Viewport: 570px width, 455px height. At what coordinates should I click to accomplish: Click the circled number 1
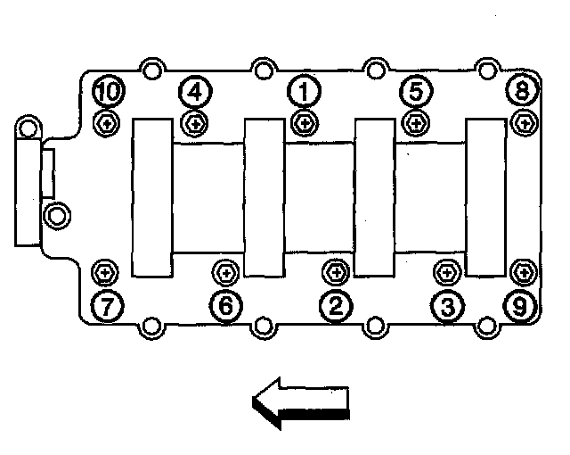point(304,90)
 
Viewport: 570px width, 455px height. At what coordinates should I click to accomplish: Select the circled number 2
point(335,307)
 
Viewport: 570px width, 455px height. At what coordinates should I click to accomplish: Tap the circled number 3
point(447,307)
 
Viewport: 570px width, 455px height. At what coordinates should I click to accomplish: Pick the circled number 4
point(194,90)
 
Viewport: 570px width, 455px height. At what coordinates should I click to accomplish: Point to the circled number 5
point(414,90)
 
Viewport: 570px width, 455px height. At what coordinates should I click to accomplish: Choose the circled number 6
point(225,307)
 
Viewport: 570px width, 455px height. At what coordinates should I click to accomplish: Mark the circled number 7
point(107,307)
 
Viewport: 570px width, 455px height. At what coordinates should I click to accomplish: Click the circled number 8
point(523,90)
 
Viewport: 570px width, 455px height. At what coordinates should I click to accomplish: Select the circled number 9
point(519,307)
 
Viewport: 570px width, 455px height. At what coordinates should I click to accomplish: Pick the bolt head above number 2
point(336,270)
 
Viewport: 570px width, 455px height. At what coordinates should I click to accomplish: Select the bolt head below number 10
point(106,122)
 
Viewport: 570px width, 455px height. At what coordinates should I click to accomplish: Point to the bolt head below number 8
point(524,122)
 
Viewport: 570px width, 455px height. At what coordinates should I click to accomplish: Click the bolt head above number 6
point(225,270)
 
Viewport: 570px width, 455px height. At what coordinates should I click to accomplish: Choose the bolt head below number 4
point(194,122)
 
